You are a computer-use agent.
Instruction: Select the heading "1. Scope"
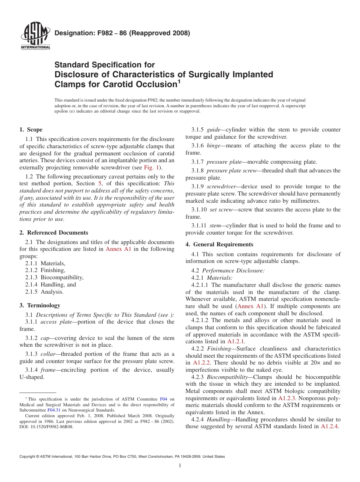point(31,130)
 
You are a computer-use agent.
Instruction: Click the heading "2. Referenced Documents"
point(54,233)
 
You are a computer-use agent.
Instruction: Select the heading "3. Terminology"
point(40,305)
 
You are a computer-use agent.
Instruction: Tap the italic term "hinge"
point(213,146)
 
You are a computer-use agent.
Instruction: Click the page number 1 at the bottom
point(180,466)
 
